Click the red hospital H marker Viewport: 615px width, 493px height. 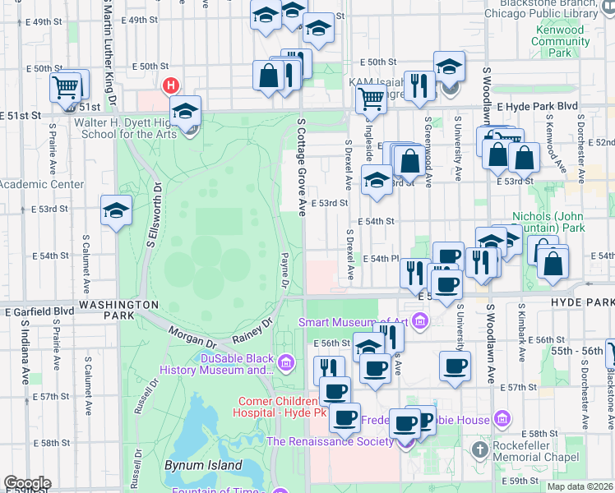pos(171,85)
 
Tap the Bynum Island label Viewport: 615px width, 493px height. pos(202,465)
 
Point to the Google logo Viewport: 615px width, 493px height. pos(27,483)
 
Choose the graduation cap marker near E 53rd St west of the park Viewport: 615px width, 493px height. pos(116,210)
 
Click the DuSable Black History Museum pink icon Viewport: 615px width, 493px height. pos(286,362)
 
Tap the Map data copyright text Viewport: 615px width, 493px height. pos(580,486)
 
